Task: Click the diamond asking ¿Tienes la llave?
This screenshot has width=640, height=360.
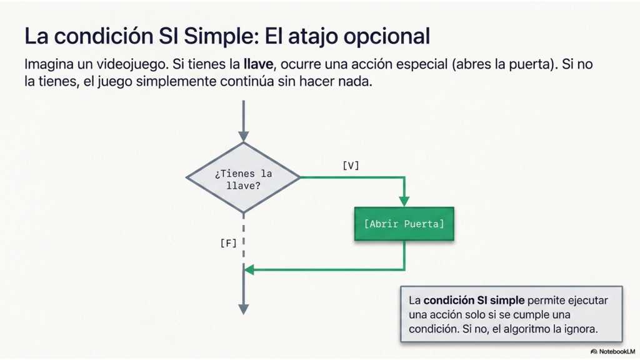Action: (243, 178)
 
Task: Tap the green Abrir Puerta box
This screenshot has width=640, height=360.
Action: (404, 224)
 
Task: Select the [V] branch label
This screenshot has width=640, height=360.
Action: (351, 166)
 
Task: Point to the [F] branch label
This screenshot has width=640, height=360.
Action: (228, 243)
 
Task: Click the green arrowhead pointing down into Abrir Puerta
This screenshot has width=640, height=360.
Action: (404, 201)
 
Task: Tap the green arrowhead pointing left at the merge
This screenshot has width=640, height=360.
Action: (249, 269)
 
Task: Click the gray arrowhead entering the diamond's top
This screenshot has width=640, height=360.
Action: (244, 136)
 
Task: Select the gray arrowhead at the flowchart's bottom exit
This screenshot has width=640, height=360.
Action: (244, 309)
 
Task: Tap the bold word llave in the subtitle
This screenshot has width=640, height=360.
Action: (258, 64)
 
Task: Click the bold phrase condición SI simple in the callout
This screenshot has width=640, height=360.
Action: (474, 301)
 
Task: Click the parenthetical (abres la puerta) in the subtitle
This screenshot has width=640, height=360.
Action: (504, 64)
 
